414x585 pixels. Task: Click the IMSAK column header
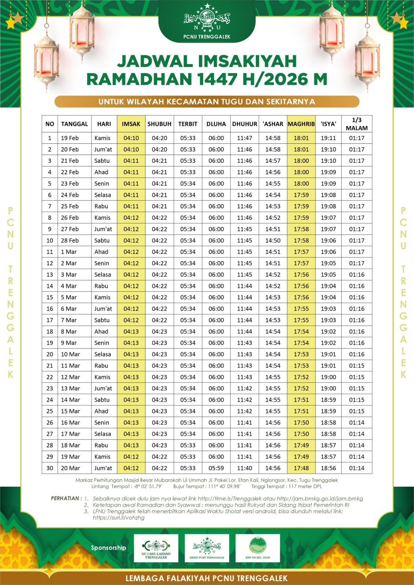click(x=131, y=124)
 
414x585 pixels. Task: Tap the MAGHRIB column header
click(x=301, y=124)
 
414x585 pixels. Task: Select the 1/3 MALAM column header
click(x=357, y=124)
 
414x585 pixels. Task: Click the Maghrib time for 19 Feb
click(x=301, y=138)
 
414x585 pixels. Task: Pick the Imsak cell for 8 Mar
click(x=131, y=332)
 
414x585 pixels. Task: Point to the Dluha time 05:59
click(x=216, y=468)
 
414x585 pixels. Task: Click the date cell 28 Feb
click(x=70, y=241)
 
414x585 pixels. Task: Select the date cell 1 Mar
click(x=69, y=252)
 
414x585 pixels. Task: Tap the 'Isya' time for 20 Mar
click(x=328, y=468)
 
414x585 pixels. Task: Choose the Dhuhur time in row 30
click(x=245, y=468)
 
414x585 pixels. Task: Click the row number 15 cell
click(x=50, y=297)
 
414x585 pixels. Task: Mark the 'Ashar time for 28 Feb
click(x=273, y=241)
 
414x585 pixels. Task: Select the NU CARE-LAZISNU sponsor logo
click(x=156, y=547)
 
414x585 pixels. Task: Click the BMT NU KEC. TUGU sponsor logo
click(x=258, y=547)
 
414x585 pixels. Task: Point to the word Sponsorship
click(x=108, y=547)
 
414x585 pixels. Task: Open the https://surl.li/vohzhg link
click(x=119, y=518)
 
